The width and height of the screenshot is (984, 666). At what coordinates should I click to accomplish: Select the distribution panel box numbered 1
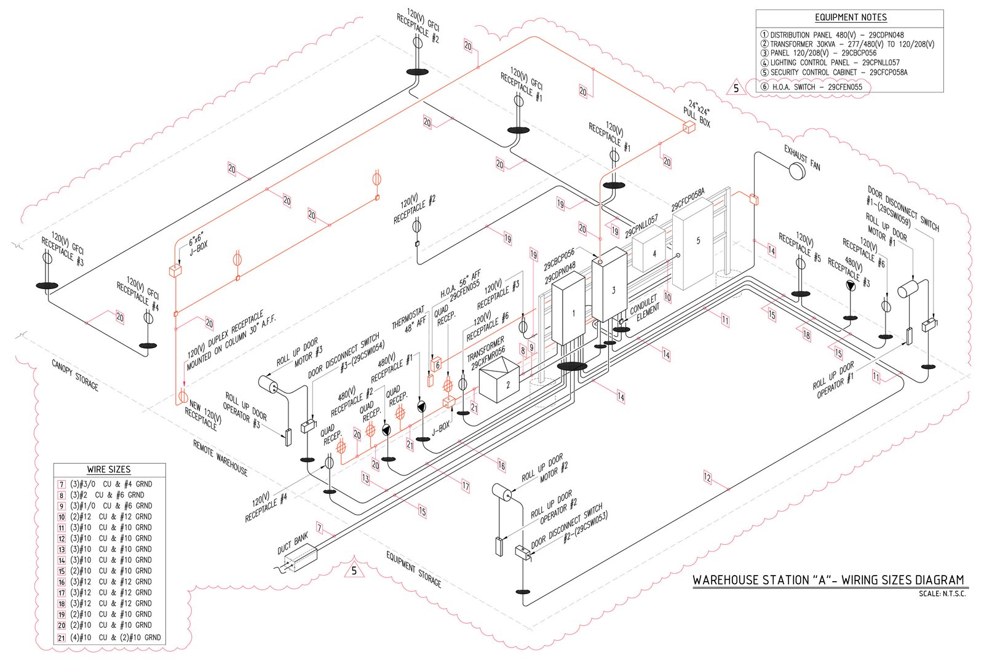tap(568, 311)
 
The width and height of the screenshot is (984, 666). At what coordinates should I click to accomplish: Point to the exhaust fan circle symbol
tap(797, 172)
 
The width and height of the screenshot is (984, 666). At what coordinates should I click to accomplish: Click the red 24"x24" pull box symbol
tap(688, 128)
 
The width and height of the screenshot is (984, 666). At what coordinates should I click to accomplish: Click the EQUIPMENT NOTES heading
tap(851, 17)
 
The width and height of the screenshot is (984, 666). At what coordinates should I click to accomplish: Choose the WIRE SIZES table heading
tap(109, 469)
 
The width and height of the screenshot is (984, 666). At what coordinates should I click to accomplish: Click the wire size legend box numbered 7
tap(61, 485)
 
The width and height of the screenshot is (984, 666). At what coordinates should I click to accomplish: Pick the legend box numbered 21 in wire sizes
tap(61, 638)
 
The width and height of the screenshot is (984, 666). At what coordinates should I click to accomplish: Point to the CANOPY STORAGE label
tap(75, 375)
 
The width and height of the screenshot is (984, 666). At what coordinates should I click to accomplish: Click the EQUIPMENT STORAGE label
tap(414, 569)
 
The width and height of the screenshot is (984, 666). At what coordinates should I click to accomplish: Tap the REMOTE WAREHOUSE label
tap(220, 458)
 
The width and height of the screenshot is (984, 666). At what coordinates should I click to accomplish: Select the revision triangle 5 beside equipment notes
tap(736, 89)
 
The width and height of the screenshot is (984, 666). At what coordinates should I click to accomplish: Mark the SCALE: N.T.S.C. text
tap(942, 594)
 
